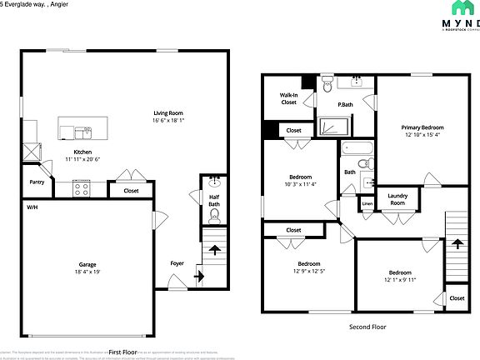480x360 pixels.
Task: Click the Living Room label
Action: pyautogui.click(x=167, y=112)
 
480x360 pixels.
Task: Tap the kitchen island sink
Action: pyautogui.click(x=84, y=131)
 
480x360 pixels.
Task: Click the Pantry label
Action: pyautogui.click(x=37, y=182)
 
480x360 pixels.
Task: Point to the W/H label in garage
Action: pyautogui.click(x=32, y=207)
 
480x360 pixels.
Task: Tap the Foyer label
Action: pyautogui.click(x=177, y=263)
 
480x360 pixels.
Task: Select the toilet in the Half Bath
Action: pyautogui.click(x=215, y=215)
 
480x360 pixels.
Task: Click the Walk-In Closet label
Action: pyautogui.click(x=288, y=98)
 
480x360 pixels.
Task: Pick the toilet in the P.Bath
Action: pyautogui.click(x=328, y=85)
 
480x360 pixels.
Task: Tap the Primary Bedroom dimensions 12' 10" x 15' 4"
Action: pyautogui.click(x=424, y=134)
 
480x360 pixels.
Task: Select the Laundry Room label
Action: pyautogui.click(x=397, y=200)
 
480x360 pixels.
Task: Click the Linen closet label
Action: pyautogui.click(x=367, y=202)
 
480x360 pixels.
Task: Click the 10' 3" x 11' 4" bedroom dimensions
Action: pyautogui.click(x=300, y=185)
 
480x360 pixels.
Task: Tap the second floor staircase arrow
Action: pyautogui.click(x=457, y=244)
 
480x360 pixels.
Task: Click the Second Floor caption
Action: pyautogui.click(x=367, y=327)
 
